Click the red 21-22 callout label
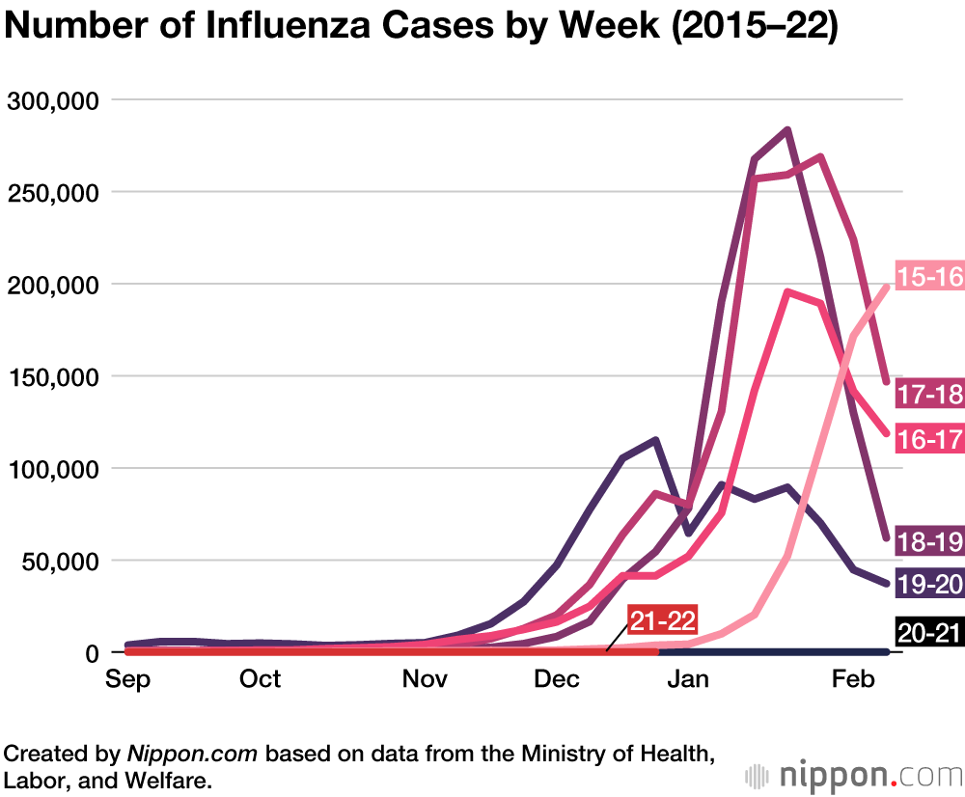[x=662, y=619]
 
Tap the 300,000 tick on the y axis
[x=57, y=100]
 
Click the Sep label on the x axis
[x=127, y=679]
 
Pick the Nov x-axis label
[x=425, y=679]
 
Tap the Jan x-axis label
[x=689, y=679]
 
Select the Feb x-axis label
[x=853, y=679]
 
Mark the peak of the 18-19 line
[x=787, y=129]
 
